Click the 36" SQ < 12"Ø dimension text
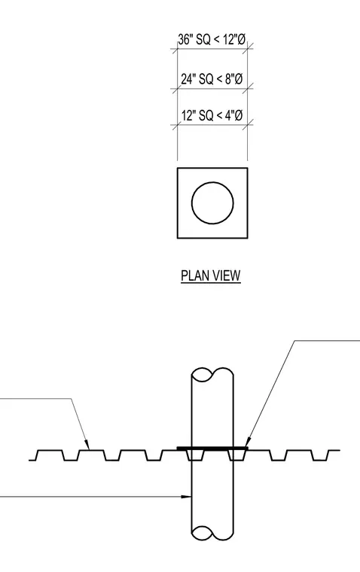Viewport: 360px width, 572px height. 212,39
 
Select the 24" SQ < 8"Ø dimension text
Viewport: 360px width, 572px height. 212,78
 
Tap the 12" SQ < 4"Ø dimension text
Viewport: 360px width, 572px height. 212,115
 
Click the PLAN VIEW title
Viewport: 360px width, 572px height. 211,275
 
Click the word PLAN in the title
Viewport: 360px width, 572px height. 194,275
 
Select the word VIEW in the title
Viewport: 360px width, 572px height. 227,275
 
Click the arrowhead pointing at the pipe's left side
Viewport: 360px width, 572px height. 187,497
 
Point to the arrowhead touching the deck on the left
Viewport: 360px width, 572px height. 87,444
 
